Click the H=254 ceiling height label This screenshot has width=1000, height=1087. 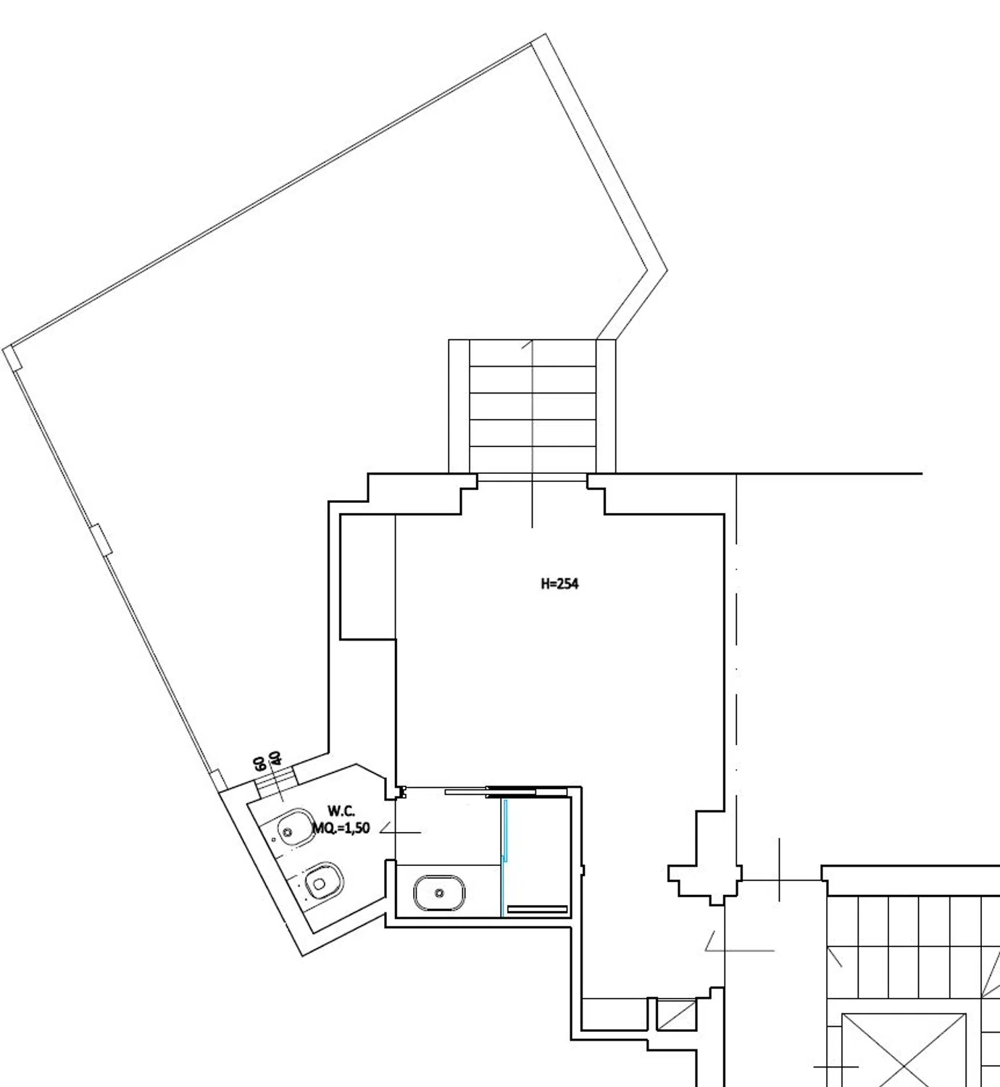click(x=560, y=584)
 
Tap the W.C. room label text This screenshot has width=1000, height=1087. click(x=341, y=811)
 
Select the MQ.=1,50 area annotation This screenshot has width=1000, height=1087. click(x=341, y=828)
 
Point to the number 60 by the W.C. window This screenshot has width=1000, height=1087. click(x=259, y=764)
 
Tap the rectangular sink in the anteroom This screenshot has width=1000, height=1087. click(x=439, y=893)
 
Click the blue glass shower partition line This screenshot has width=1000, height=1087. click(x=505, y=857)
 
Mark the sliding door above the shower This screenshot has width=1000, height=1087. click(x=506, y=791)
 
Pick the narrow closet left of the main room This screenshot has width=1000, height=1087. click(x=367, y=577)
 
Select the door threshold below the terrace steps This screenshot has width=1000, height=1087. click(x=533, y=478)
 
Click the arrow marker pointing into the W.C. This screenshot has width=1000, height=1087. click(x=400, y=829)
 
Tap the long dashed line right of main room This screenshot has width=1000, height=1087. click(x=736, y=675)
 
